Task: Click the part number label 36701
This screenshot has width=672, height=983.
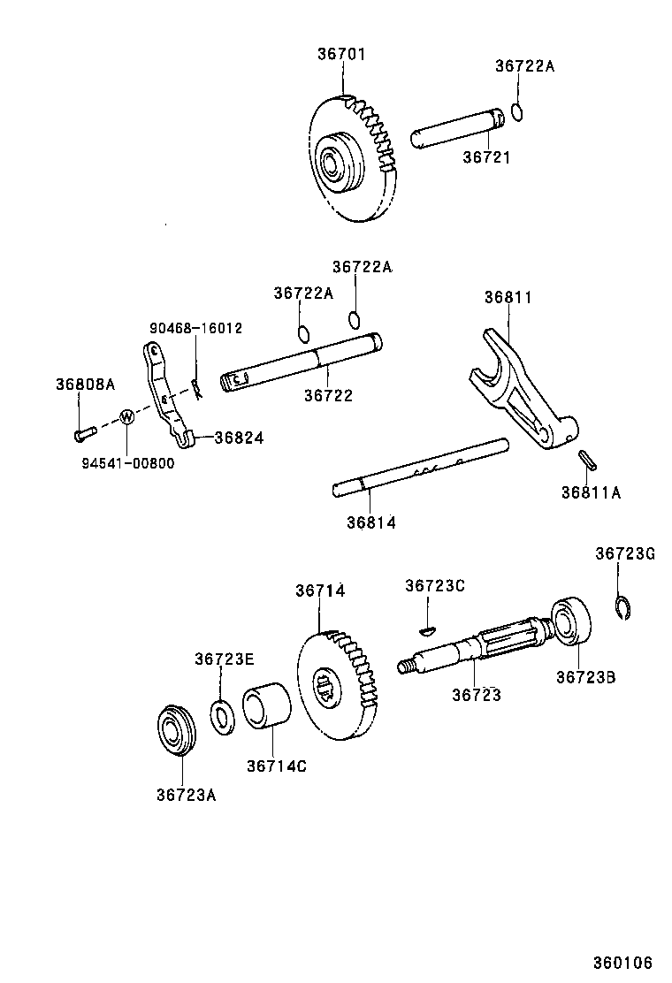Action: pos(341,54)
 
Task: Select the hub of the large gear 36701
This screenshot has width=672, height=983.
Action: pos(336,163)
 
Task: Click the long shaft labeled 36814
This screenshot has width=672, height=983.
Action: pos(420,468)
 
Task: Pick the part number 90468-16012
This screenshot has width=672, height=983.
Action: pos(195,328)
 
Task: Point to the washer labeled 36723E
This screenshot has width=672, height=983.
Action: pos(221,714)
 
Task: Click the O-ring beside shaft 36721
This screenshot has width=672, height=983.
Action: pos(518,113)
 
